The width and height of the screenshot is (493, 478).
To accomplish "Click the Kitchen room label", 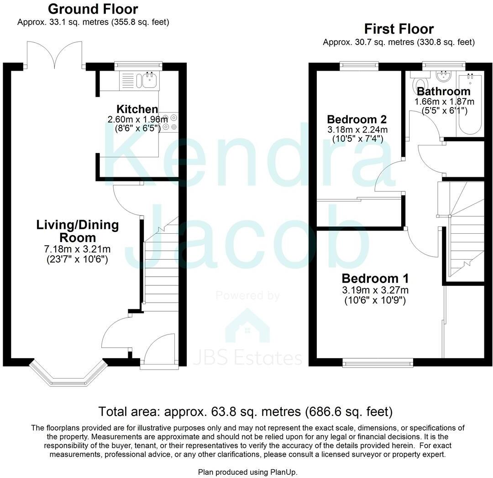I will tap(137, 109).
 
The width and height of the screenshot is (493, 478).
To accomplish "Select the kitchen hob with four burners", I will tap(169, 122).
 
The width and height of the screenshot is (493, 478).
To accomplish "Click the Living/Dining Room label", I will tap(78, 231).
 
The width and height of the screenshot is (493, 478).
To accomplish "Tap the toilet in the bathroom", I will tap(419, 85).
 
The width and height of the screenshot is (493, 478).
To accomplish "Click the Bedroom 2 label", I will tap(357, 119).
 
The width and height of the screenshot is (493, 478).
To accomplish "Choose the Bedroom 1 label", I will tap(375, 278).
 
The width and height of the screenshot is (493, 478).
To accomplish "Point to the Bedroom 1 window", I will tap(378, 363).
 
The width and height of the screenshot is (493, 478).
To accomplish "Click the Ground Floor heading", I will tap(93, 9).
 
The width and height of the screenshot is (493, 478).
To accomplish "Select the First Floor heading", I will tap(399, 29).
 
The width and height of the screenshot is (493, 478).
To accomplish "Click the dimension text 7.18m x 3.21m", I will tap(78, 249).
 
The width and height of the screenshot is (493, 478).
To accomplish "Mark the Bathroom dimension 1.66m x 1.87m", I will tap(444, 101).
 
